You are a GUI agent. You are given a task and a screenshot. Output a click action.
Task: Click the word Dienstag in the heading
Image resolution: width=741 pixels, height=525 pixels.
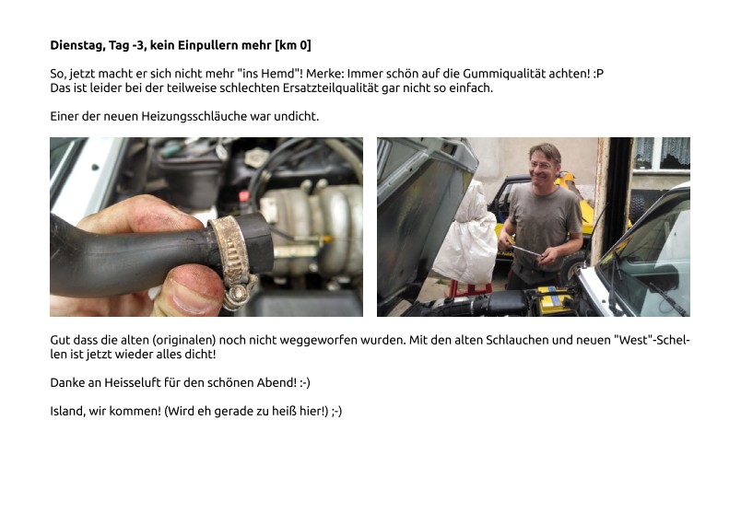[x=77, y=45]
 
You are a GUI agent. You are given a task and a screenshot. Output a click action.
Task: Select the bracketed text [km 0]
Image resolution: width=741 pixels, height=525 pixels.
[x=293, y=45]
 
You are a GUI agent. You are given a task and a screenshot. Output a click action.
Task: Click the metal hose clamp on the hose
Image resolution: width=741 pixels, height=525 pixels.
[x=232, y=257]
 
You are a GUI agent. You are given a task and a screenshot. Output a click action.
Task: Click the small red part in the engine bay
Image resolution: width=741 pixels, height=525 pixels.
[x=244, y=195]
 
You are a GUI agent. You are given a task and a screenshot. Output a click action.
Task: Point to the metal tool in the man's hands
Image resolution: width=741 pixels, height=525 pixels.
[x=525, y=250]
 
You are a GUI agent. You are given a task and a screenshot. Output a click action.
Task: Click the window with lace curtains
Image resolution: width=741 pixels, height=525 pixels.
[x=662, y=154]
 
